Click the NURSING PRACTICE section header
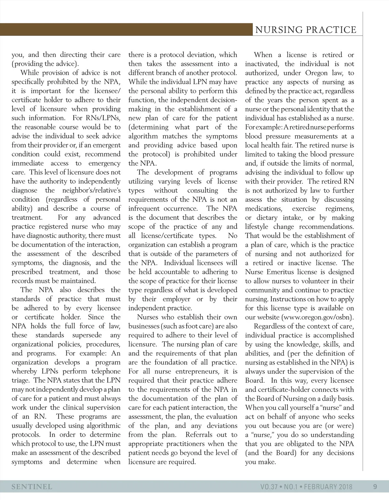tap(306, 30)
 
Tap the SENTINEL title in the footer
tap(32, 487)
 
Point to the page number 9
tap(375, 487)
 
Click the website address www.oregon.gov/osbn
tap(317, 317)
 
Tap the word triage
tap(21, 381)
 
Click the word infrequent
tap(146, 208)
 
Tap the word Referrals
tap(198, 435)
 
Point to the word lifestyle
tap(257, 227)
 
